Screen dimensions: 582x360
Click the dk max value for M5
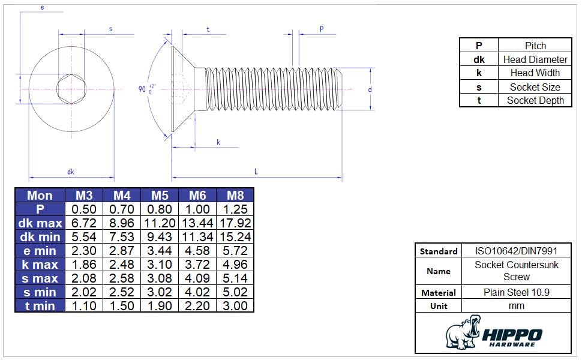(x=160, y=223)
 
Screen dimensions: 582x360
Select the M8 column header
(x=235, y=196)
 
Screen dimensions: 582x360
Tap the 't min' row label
(x=40, y=306)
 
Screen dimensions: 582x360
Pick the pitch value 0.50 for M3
(x=84, y=209)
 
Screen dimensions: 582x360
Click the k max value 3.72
(x=197, y=265)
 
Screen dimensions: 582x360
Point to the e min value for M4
(x=122, y=251)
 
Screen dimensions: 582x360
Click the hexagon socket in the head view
(x=71, y=89)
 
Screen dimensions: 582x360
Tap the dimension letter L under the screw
(x=256, y=172)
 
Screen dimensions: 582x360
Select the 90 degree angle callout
(x=146, y=89)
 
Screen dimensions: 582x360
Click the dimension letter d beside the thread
(x=370, y=89)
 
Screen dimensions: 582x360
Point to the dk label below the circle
(x=71, y=172)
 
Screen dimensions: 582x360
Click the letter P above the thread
(x=322, y=29)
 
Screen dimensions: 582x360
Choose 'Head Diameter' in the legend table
(x=535, y=59)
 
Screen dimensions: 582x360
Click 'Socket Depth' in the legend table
(x=535, y=100)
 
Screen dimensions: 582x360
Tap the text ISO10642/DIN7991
(x=517, y=251)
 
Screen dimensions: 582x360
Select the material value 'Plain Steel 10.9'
(x=517, y=292)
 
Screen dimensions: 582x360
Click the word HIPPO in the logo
(x=512, y=335)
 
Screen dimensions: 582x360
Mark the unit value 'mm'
(x=517, y=306)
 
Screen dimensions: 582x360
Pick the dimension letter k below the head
(x=218, y=142)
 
